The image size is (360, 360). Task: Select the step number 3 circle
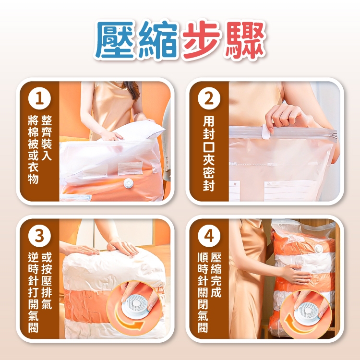point(39,236)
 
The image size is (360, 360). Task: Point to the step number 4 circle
point(209,236)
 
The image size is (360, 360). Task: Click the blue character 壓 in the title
point(116,40)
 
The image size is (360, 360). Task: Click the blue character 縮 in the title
point(158,40)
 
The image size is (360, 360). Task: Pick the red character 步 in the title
point(201,40)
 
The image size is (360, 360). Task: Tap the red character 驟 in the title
point(245,40)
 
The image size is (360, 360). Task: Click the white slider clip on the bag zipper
point(267,132)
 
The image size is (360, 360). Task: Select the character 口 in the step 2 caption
point(209,146)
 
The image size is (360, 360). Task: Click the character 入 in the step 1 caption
point(47,155)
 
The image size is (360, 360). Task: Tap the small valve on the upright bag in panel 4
point(319,249)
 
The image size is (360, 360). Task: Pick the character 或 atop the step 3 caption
point(47,258)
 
